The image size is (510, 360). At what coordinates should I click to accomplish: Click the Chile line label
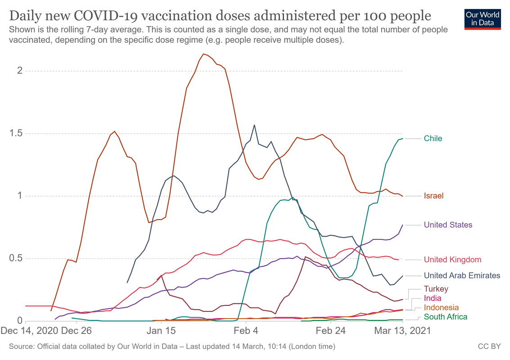[x=433, y=139]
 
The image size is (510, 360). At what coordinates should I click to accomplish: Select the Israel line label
[x=433, y=196]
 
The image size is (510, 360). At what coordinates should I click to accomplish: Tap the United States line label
[x=448, y=225]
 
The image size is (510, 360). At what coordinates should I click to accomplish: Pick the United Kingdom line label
[x=452, y=260]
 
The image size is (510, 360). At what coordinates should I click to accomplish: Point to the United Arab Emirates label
[x=462, y=275]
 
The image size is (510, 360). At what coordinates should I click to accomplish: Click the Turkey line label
[x=436, y=289]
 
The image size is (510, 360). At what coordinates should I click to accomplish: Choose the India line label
[x=433, y=298]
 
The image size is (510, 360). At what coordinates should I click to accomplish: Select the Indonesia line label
[x=441, y=307]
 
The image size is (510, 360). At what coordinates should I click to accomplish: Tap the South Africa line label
[x=446, y=317]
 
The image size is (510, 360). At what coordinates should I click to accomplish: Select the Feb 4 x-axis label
[x=246, y=331]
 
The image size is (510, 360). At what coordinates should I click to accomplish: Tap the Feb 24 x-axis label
[x=330, y=331]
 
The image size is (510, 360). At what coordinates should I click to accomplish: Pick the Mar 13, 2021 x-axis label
[x=402, y=331]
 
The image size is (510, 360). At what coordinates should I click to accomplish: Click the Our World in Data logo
[x=483, y=18]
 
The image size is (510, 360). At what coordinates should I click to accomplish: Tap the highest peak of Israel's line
[x=203, y=54]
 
